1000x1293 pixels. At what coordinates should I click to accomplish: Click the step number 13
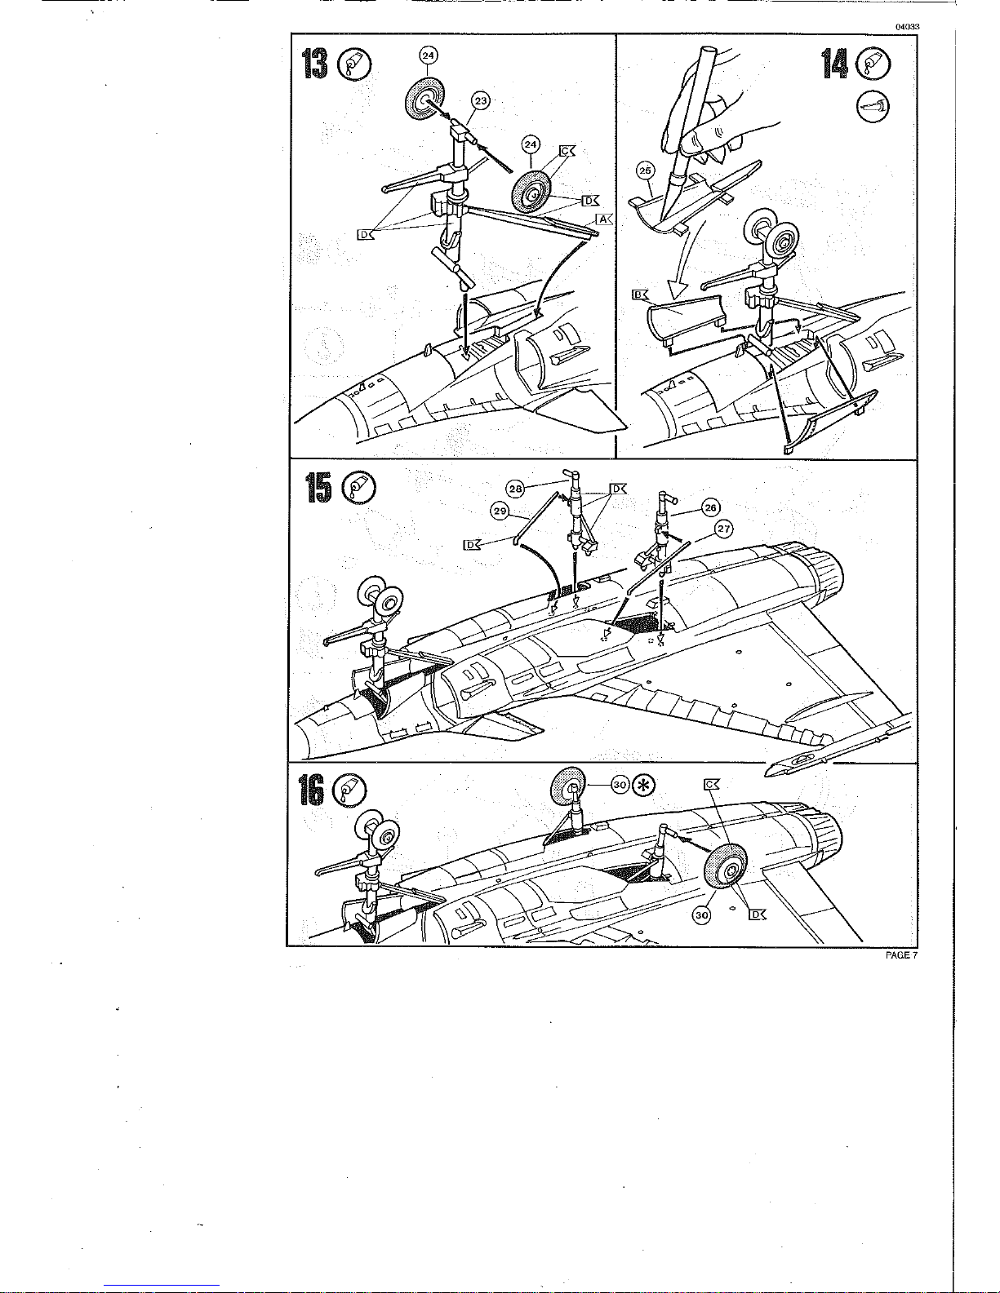coord(315,64)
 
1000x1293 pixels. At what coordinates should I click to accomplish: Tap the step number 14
coord(834,64)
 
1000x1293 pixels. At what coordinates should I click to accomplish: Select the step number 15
coord(318,488)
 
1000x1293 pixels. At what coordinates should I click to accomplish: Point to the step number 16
coord(312,790)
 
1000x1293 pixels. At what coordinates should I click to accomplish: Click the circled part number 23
coord(480,101)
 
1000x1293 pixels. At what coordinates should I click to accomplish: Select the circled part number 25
coord(645,170)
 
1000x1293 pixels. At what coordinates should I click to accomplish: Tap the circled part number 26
coord(711,507)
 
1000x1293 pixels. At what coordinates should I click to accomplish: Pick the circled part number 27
coord(723,529)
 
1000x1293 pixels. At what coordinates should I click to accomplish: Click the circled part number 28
coord(515,489)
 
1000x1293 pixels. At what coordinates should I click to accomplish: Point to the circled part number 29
coord(500,511)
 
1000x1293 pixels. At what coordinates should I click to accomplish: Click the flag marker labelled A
coord(603,219)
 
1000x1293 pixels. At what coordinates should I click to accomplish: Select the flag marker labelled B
coord(640,294)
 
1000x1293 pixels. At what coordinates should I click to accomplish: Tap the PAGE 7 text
coord(901,955)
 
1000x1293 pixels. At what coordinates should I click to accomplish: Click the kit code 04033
coord(907,27)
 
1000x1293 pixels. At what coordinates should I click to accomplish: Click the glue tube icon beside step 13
coord(355,64)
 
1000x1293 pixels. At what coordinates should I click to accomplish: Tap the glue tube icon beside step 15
coord(359,488)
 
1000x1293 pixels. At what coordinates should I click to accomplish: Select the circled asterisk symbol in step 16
coord(643,786)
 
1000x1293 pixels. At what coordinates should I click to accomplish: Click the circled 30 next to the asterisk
coord(620,786)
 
